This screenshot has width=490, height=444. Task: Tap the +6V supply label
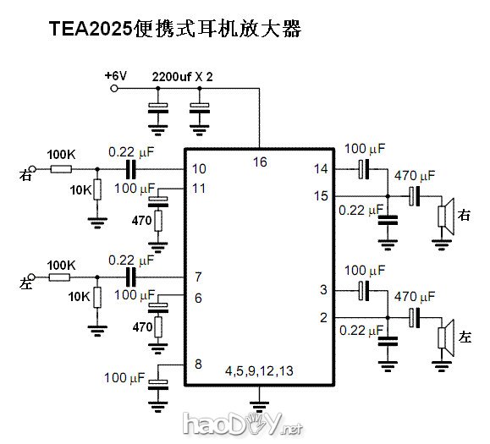point(116,76)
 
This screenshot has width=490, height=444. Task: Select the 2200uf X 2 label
point(183,76)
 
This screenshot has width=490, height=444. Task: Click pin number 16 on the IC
point(260,161)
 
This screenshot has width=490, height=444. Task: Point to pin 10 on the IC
point(199,169)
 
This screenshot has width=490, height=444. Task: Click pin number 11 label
point(199,188)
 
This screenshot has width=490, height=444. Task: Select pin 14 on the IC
point(321,169)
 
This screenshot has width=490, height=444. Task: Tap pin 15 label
point(321,196)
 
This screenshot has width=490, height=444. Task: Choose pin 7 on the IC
point(197,277)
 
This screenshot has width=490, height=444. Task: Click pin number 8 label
point(197,365)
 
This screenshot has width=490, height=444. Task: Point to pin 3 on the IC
point(323,291)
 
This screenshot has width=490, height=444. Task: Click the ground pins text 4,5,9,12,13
point(258,371)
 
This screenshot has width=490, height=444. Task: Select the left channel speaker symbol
point(444,336)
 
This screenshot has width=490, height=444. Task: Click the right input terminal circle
point(33,169)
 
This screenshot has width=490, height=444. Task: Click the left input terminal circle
point(33,277)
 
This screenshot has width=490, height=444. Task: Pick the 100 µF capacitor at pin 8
point(158,385)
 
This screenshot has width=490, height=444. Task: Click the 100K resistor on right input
point(60,169)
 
